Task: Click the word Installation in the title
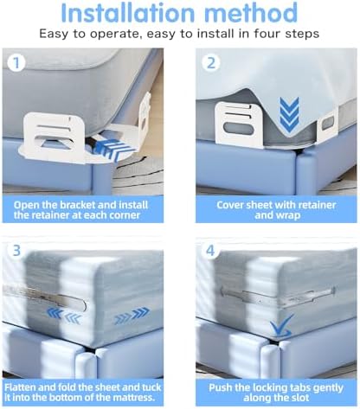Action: tap(128, 13)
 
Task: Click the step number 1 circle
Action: tap(16, 63)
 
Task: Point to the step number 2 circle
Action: tap(211, 63)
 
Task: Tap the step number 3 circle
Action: tap(16, 250)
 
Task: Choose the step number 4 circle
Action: tap(210, 250)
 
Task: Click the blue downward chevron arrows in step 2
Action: tap(289, 115)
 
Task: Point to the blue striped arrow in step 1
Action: tap(115, 150)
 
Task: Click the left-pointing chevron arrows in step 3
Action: tap(63, 316)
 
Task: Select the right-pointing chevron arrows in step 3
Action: tap(132, 316)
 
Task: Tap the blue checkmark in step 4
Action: tap(281, 327)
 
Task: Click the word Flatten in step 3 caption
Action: tap(20, 387)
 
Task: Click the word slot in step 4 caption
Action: tap(300, 398)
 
